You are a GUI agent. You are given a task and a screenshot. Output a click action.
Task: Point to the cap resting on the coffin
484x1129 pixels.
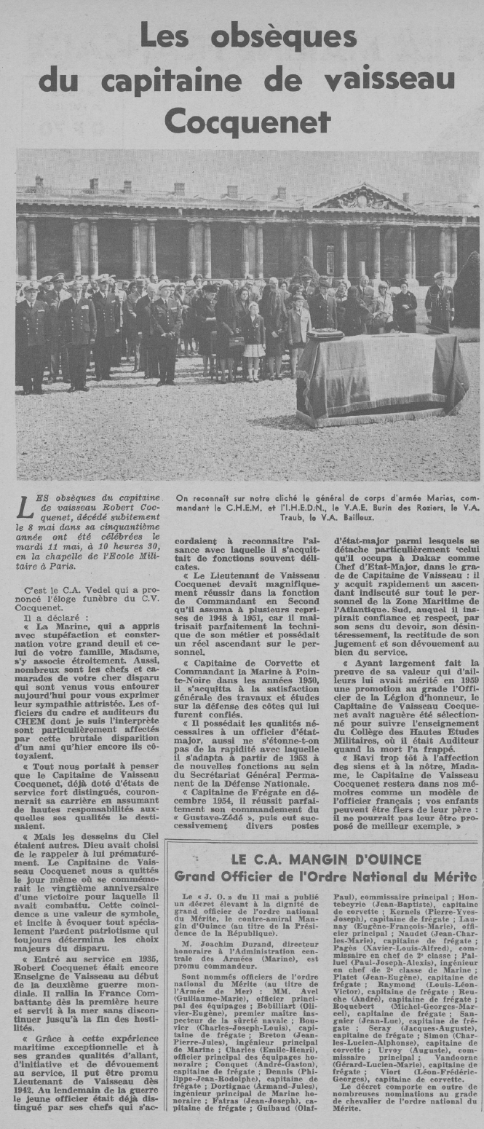pyautogui.click(x=325, y=335)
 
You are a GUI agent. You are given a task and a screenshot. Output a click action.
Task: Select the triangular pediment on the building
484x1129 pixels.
pyautogui.click(x=362, y=198)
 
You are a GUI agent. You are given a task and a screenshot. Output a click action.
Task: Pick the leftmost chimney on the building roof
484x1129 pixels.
pyautogui.click(x=39, y=182)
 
